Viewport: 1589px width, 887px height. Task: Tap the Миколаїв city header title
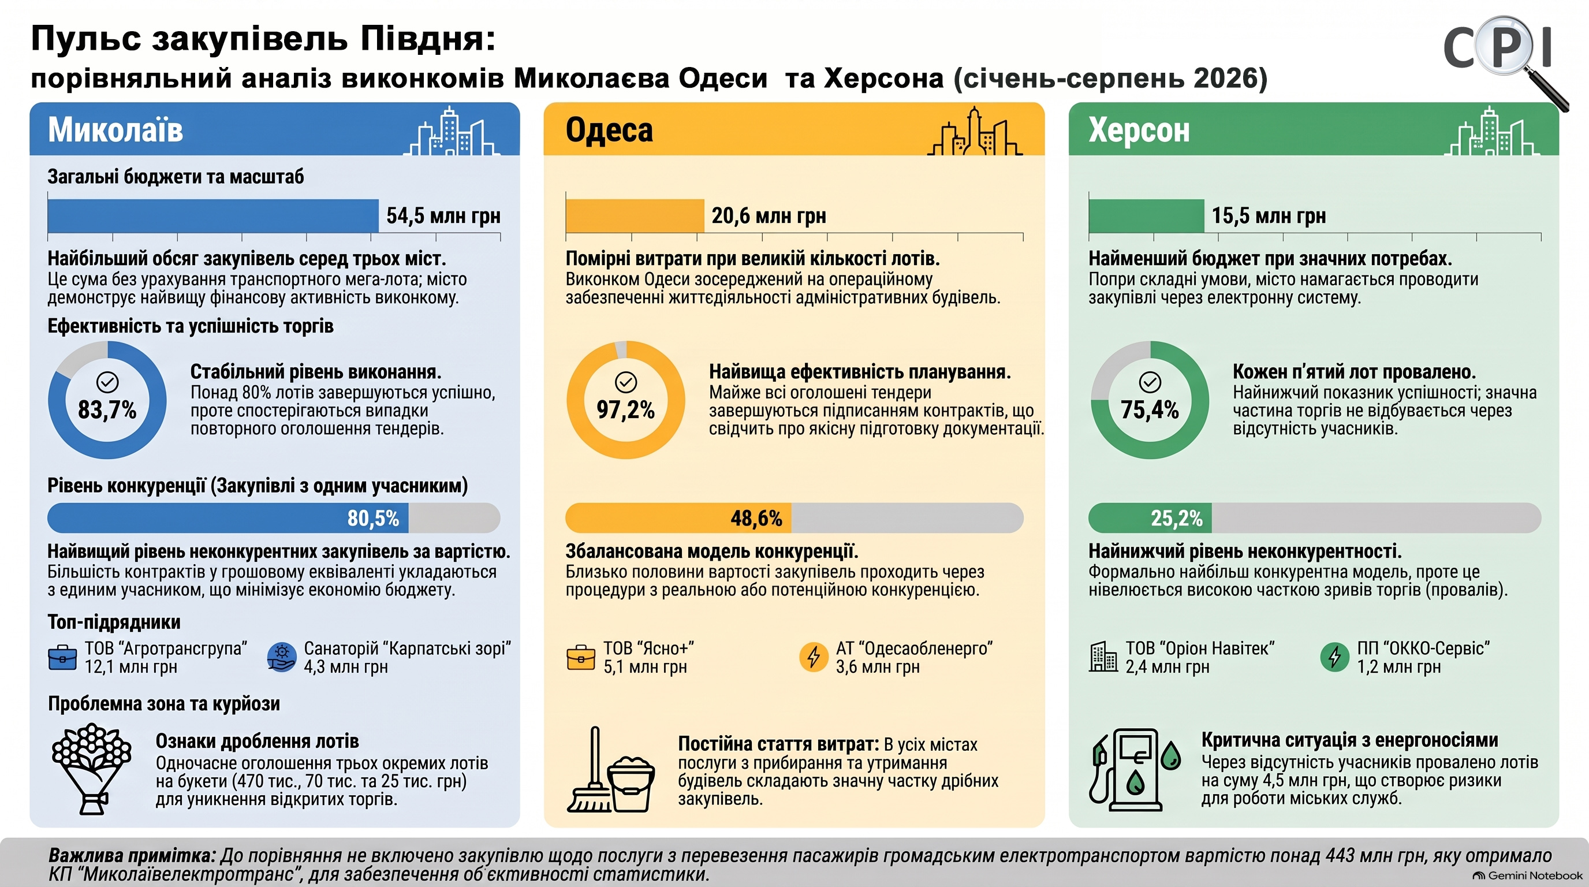pyautogui.click(x=115, y=130)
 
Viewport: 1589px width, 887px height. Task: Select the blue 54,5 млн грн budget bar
pyautogui.click(x=213, y=216)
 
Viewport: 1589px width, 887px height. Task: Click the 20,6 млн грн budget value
pyautogui.click(x=769, y=216)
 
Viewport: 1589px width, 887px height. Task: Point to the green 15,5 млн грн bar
pyautogui.click(x=1146, y=216)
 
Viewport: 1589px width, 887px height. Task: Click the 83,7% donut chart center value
pyautogui.click(x=107, y=409)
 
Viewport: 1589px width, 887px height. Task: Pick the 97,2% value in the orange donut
pyautogui.click(x=625, y=409)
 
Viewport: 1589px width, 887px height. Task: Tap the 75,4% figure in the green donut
pyautogui.click(x=1150, y=409)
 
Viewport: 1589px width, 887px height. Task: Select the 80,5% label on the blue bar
pyautogui.click(x=373, y=518)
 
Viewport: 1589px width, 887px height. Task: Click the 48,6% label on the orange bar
pyautogui.click(x=756, y=518)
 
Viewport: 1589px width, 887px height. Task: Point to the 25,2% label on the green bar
pyautogui.click(x=1176, y=518)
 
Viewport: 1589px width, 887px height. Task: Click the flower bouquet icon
pyautogui.click(x=92, y=769)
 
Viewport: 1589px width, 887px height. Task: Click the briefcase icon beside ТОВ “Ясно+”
pyautogui.click(x=580, y=658)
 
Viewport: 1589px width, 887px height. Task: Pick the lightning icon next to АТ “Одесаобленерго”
pyautogui.click(x=814, y=657)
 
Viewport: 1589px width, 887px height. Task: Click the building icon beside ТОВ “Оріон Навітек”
pyautogui.click(x=1103, y=657)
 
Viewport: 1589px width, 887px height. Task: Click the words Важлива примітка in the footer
pyautogui.click(x=132, y=856)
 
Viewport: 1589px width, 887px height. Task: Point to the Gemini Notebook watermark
pyautogui.click(x=1527, y=875)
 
